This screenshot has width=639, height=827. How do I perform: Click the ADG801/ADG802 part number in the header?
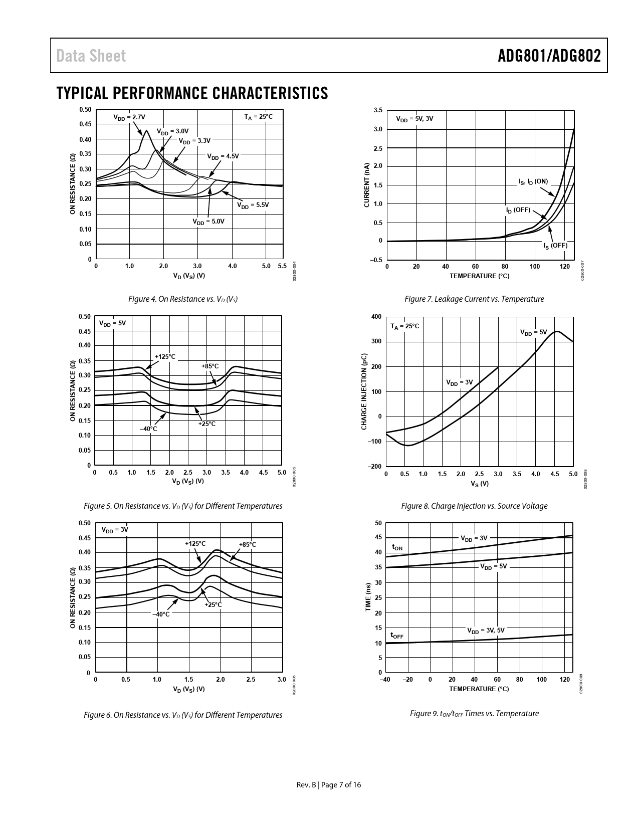(x=549, y=56)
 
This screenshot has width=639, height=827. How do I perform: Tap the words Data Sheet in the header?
(x=91, y=56)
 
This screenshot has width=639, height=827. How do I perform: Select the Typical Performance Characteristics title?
(x=192, y=93)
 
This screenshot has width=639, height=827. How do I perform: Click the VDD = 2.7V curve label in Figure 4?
(x=129, y=117)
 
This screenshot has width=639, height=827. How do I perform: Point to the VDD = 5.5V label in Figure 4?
(x=253, y=205)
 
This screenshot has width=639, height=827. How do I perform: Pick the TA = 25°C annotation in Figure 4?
(x=259, y=117)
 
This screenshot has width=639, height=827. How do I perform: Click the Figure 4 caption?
(x=183, y=299)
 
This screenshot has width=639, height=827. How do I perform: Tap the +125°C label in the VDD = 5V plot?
(x=165, y=357)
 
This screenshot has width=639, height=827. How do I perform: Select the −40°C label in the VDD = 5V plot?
(x=148, y=429)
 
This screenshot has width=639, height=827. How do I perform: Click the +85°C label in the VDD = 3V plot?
(x=248, y=544)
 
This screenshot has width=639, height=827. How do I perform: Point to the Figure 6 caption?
(x=183, y=715)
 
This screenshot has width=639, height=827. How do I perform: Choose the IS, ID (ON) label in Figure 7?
(x=533, y=181)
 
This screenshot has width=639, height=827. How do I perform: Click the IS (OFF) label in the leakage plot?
(x=555, y=246)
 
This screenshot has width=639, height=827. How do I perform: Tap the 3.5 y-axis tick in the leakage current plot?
(x=378, y=110)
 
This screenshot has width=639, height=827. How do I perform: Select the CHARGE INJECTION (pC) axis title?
(x=364, y=391)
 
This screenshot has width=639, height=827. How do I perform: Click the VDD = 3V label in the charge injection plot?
(x=460, y=382)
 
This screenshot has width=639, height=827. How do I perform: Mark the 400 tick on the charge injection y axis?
(x=376, y=317)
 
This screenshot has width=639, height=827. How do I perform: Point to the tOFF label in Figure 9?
(x=397, y=636)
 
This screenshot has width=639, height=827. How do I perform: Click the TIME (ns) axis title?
(x=368, y=597)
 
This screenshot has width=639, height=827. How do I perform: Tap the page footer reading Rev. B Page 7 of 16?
(x=329, y=785)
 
